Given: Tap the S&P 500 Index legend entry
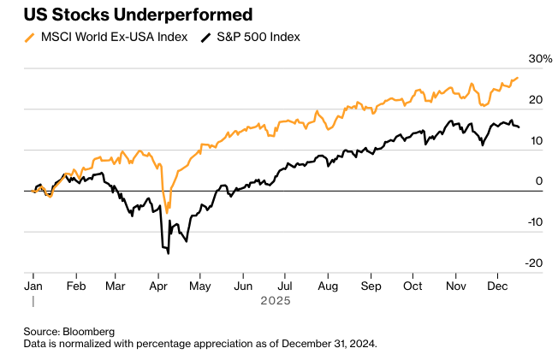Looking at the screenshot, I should [256, 38].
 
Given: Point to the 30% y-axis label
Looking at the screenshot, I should [541, 59].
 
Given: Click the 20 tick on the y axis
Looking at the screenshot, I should [537, 100].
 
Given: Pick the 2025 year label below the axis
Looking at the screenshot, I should [276, 301].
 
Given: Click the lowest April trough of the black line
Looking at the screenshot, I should [168, 253].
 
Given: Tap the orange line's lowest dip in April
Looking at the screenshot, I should [167, 210].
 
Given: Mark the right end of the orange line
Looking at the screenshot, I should [518, 78].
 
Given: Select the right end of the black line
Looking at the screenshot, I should [518, 127].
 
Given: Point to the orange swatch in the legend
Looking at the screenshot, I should [30, 38].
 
